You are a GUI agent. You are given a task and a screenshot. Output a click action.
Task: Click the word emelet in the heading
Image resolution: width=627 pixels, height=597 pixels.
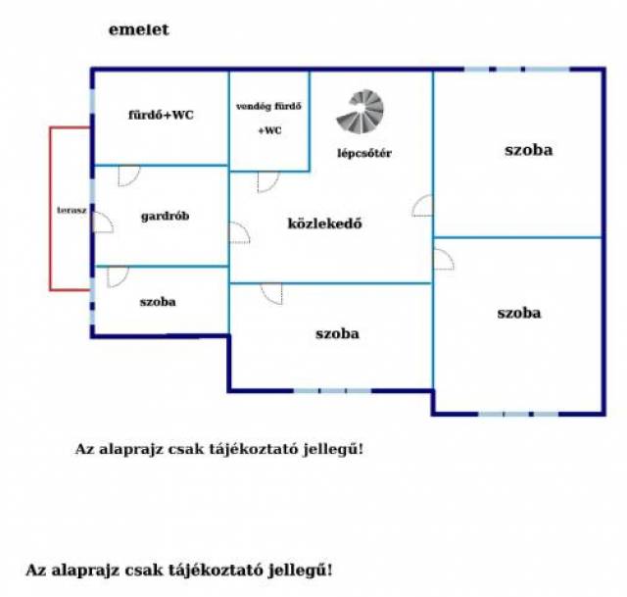pyautogui.click(x=139, y=29)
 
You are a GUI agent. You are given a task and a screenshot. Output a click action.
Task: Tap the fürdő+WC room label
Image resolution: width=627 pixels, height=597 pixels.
pyautogui.click(x=161, y=116)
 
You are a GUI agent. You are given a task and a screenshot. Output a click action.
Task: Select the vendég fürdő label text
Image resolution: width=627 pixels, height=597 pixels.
pyautogui.click(x=268, y=107)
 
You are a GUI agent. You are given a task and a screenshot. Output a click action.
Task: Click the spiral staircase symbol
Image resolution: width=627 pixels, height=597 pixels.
pyautogui.click(x=361, y=112)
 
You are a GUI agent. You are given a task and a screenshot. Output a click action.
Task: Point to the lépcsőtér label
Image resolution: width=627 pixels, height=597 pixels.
pyautogui.click(x=364, y=153)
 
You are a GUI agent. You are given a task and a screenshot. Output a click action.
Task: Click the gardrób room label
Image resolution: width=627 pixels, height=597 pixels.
pyautogui.click(x=166, y=217)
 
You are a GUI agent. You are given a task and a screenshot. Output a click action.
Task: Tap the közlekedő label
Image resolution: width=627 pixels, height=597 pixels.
pyautogui.click(x=324, y=224)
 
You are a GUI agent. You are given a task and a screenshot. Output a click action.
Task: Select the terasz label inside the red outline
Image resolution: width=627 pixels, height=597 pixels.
pyautogui.click(x=72, y=210)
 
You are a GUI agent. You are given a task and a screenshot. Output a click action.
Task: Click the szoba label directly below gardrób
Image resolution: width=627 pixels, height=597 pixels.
pyautogui.click(x=158, y=302)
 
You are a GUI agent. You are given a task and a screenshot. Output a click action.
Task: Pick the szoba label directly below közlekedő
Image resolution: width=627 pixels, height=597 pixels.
pyautogui.click(x=337, y=333)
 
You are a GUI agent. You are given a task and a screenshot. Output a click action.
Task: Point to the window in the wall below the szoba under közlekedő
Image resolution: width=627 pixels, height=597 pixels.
pyautogui.click(x=333, y=390)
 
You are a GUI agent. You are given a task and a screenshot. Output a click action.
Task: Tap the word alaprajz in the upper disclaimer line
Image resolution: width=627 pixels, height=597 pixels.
pyautogui.click(x=130, y=449)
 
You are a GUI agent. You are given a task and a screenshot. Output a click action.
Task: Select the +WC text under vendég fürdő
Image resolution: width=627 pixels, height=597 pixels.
pyautogui.click(x=270, y=130)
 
